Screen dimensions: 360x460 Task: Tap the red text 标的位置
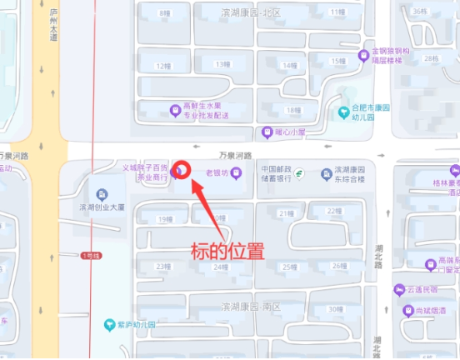point(227,250)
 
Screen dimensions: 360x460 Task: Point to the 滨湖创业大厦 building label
point(102,206)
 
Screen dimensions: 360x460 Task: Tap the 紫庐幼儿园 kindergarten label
point(132,324)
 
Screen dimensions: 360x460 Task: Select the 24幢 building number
point(220,267)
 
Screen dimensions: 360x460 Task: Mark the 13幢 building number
point(222,64)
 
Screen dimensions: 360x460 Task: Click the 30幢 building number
point(335,310)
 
